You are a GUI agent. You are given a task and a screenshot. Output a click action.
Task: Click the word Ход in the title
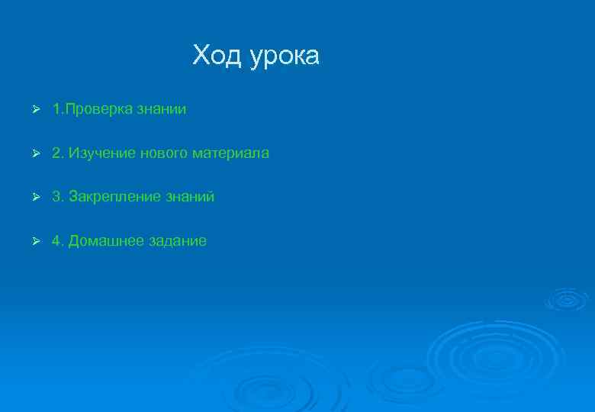tap(217, 56)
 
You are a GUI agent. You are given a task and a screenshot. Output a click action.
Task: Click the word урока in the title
tap(284, 57)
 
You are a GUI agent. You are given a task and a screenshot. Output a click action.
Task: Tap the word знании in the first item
tap(161, 110)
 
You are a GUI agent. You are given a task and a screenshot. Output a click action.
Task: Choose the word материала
tap(231, 153)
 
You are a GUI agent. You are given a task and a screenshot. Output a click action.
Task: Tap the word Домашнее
tap(102, 241)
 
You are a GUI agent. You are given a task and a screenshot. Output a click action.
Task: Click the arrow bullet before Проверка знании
tap(34, 110)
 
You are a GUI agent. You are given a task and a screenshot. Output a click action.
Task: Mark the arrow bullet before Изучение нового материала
tap(34, 153)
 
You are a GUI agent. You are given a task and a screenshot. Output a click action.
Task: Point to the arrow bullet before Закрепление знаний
tap(34, 197)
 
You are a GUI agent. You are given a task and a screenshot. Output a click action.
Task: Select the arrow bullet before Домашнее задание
tap(34, 241)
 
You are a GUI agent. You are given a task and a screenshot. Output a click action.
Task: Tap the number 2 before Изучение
tap(56, 153)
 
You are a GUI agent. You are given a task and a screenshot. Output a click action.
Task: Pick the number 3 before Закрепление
tap(56, 197)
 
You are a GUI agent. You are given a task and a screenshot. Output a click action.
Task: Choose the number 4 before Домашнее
tap(56, 241)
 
